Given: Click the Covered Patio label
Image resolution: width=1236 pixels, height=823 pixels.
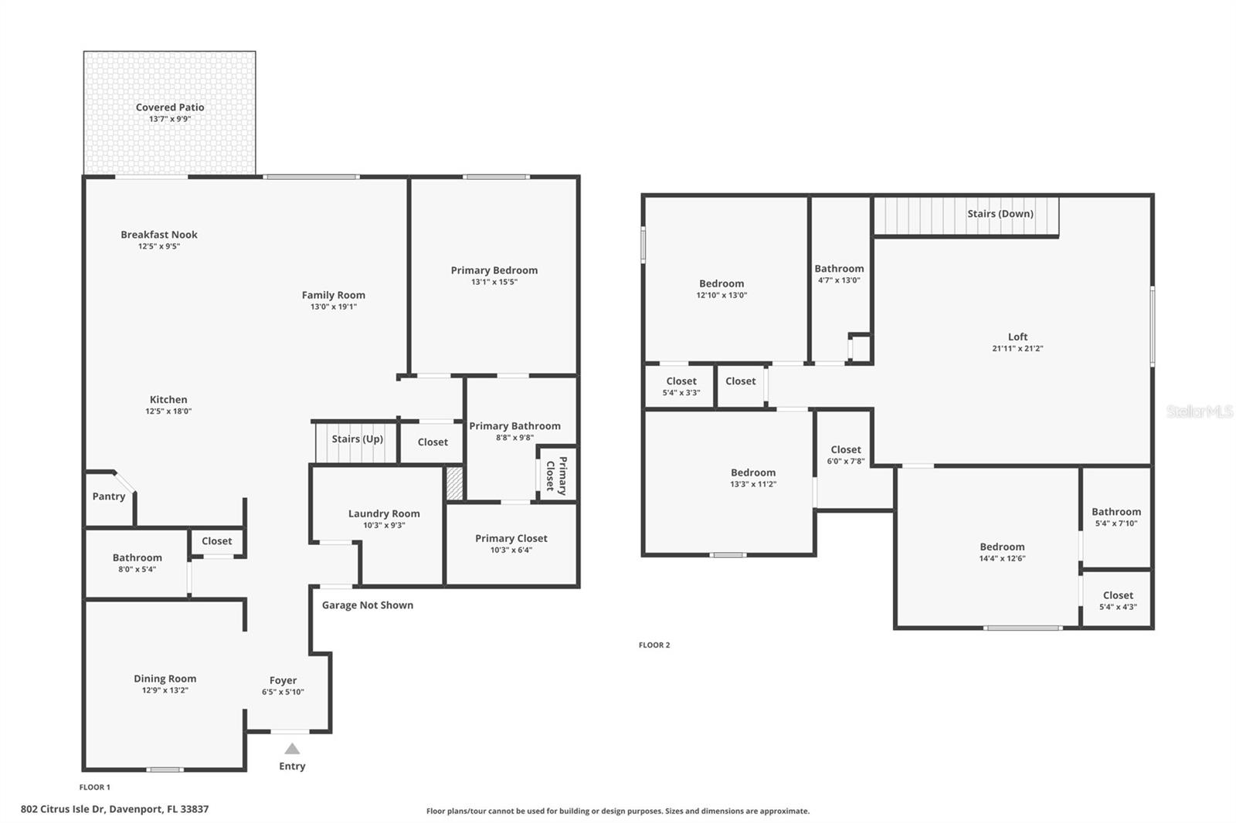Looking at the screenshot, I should pyautogui.click(x=170, y=107).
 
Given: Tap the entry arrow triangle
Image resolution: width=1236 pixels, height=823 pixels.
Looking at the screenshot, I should pyautogui.click(x=292, y=749).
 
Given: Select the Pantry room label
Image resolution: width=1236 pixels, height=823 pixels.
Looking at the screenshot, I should pyautogui.click(x=109, y=496).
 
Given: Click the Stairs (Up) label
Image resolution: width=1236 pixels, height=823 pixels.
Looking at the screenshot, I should pyautogui.click(x=357, y=439).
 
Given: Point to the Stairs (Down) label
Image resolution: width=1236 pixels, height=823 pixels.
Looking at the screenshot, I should pyautogui.click(x=1000, y=214).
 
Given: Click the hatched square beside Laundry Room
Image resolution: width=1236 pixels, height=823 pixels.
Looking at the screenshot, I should pyautogui.click(x=455, y=483).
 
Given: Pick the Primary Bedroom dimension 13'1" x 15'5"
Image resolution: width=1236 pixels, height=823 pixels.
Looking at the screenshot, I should pyautogui.click(x=494, y=283).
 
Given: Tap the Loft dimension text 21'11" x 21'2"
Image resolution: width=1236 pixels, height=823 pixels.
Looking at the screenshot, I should pyautogui.click(x=1017, y=349).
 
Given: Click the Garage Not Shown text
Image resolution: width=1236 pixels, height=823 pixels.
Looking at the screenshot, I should pyautogui.click(x=367, y=605).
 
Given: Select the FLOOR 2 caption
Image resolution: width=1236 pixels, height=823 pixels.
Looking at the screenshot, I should pyautogui.click(x=654, y=645).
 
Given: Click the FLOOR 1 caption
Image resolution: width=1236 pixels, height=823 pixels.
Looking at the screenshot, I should pyautogui.click(x=95, y=787).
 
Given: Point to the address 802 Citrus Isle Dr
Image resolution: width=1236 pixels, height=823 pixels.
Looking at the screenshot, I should pyautogui.click(x=114, y=810).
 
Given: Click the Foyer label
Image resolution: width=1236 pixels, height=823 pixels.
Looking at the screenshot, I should pyautogui.click(x=283, y=680).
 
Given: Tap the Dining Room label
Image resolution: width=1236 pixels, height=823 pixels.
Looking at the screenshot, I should pyautogui.click(x=165, y=679).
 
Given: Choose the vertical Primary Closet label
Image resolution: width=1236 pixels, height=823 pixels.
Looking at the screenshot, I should pyautogui.click(x=556, y=475).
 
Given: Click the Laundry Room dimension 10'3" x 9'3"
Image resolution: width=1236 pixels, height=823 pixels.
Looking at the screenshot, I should pyautogui.click(x=384, y=526).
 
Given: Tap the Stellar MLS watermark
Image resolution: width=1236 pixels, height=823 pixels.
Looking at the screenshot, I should pyautogui.click(x=1199, y=411).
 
